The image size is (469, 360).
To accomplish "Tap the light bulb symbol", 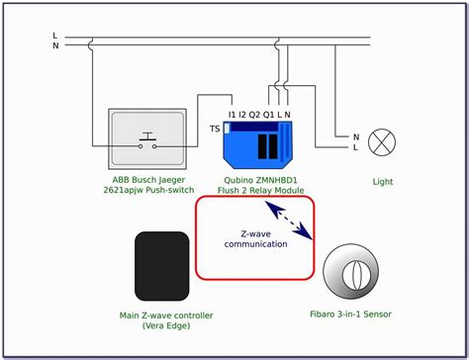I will pos(382,143).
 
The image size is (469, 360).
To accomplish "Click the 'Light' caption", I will pos(383,183).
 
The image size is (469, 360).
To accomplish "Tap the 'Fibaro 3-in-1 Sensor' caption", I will pos(350,315).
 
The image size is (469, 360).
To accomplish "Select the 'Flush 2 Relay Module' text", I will pos(259,192).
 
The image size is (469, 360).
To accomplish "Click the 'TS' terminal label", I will pos(215,129).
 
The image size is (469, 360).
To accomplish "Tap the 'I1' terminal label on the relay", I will pos(233,115).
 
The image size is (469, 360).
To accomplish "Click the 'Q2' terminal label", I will pos(254,115).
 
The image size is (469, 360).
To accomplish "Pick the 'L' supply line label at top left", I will pos(55,35).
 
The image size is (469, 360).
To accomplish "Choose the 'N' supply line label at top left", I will pos(55,45).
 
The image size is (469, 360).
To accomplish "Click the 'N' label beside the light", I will pos(355,136).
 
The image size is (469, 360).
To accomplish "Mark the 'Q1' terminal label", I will pos(268,115).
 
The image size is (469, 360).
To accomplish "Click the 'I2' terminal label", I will pos(242,115).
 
